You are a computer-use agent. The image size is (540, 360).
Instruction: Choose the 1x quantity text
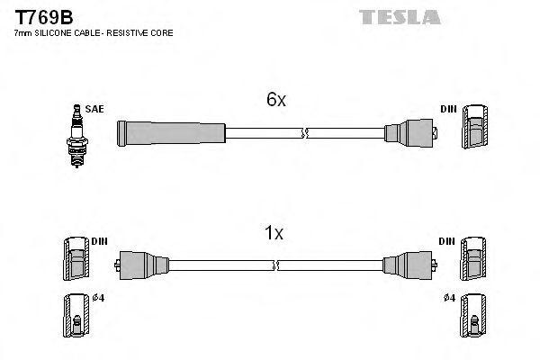(274, 233)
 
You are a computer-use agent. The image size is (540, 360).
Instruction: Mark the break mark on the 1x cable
(275, 265)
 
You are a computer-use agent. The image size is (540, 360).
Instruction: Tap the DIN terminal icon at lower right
(472, 261)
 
